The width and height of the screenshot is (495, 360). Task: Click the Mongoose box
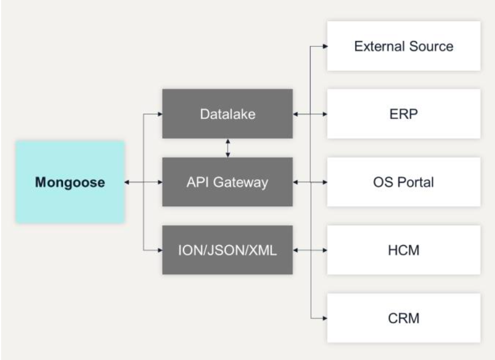click(70, 182)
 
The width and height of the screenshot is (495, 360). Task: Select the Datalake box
click(227, 114)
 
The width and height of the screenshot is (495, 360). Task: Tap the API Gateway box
click(227, 182)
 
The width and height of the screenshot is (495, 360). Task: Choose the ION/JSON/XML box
click(227, 250)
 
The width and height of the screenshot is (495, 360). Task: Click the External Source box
click(404, 46)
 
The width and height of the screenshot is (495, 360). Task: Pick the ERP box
click(404, 114)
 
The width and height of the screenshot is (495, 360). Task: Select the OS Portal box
click(404, 182)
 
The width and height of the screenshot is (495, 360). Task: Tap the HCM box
click(404, 250)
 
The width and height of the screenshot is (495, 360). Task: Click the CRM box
click(404, 318)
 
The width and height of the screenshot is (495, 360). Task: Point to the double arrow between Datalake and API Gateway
click(228, 148)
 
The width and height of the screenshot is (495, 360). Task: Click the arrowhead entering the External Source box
click(325, 46)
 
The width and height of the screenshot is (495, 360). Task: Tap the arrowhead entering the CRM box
click(325, 318)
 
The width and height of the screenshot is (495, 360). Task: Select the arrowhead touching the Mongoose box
click(127, 182)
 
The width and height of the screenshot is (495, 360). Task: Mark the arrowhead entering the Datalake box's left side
click(159, 114)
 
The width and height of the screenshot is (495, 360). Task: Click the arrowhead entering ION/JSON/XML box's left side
click(159, 250)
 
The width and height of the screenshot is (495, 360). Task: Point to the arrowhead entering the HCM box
click(325, 250)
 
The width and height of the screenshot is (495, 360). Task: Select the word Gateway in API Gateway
click(240, 183)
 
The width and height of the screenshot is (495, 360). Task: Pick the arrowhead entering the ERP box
click(325, 114)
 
